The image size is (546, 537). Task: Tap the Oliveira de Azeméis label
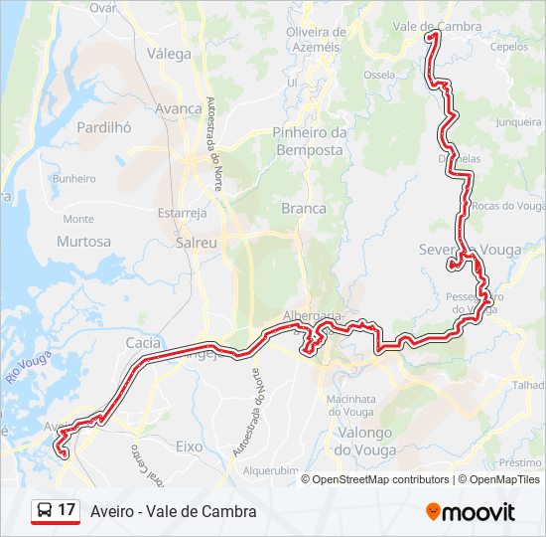pyautogui.click(x=313, y=39)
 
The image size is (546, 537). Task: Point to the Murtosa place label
pyautogui.click(x=84, y=242)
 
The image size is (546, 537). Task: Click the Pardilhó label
pyautogui.click(x=103, y=127)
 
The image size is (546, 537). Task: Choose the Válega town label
pyautogui.click(x=169, y=54)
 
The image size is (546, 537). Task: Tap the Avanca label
pyautogui.click(x=179, y=109)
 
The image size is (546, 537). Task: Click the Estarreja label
pyautogui.click(x=183, y=212)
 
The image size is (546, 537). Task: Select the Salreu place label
pyautogui.click(x=196, y=241)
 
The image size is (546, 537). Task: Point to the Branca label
pyautogui.click(x=304, y=208)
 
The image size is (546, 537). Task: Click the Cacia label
pyautogui.click(x=144, y=342)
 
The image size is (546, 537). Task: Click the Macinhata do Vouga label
pyautogui.click(x=354, y=405)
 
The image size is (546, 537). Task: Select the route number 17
pyautogui.click(x=67, y=510)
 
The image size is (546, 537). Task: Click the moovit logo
pyautogui.click(x=471, y=512)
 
